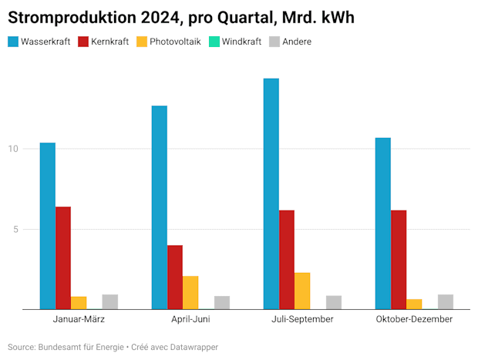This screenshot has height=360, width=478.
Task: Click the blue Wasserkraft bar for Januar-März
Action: (x=48, y=226)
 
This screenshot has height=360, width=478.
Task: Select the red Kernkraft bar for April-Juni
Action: (x=175, y=277)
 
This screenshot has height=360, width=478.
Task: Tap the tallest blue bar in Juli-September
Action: (x=271, y=193)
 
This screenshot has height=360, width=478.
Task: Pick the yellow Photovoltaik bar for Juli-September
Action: (x=302, y=291)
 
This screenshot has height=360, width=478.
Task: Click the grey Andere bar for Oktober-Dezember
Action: (x=445, y=301)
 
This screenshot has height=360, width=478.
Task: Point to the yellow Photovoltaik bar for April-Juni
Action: (x=190, y=292)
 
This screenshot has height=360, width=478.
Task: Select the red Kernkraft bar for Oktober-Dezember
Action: (x=399, y=259)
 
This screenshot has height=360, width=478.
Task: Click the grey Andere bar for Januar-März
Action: (x=110, y=301)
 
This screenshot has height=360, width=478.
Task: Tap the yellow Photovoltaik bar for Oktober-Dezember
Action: (x=414, y=304)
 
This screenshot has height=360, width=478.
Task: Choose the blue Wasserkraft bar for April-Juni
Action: (x=160, y=207)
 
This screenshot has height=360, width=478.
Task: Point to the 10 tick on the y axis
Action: (x=12, y=148)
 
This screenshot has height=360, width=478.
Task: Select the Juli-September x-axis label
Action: (x=302, y=319)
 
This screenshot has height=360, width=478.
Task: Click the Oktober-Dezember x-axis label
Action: (x=414, y=319)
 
